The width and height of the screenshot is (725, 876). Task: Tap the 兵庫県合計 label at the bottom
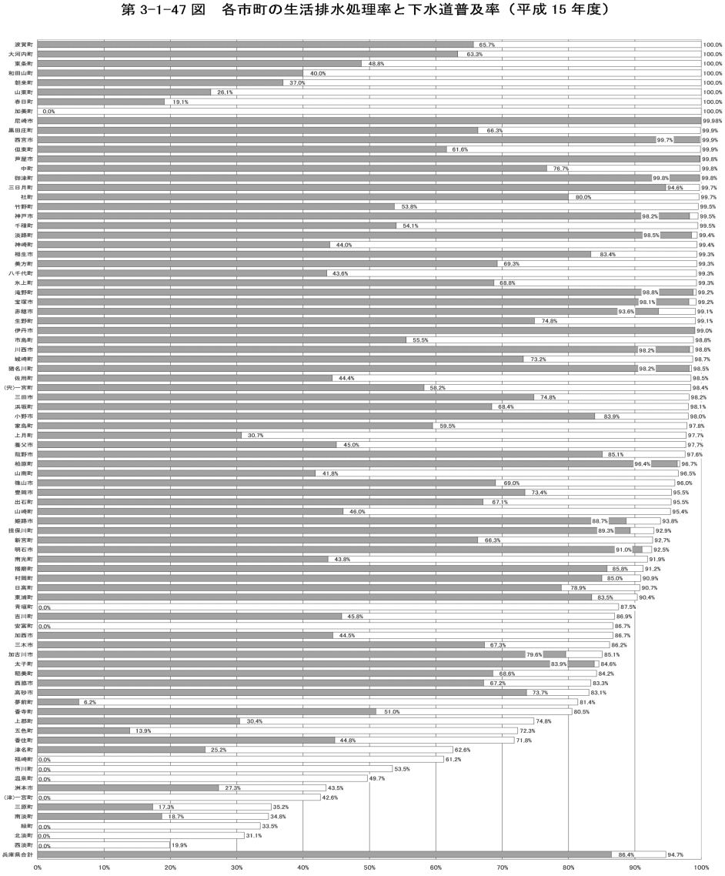point(18,854)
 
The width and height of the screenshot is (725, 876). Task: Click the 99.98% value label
point(713,121)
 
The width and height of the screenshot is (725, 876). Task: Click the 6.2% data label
point(89,702)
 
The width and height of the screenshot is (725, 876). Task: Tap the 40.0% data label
point(318,73)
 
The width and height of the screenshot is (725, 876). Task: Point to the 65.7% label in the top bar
point(486,45)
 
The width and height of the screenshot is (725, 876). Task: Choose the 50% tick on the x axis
point(369,868)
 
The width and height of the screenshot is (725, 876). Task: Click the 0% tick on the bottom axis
point(38,868)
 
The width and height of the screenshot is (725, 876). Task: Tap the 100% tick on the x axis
point(701,868)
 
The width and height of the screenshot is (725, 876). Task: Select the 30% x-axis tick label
point(236,868)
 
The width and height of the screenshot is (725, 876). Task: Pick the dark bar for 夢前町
point(58,702)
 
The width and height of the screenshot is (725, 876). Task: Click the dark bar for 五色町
point(83,731)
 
